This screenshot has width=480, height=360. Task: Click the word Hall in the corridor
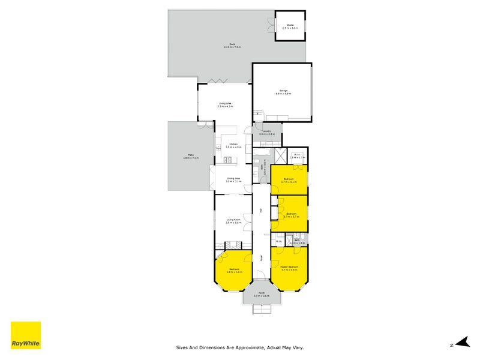[x=261, y=210]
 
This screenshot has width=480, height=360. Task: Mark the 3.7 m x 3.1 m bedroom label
[x=289, y=180]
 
